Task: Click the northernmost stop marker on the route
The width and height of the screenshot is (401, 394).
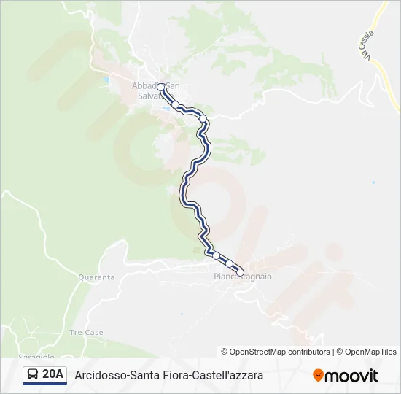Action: click(x=161, y=87)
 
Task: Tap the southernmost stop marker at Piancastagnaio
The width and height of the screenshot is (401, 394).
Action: click(x=240, y=273)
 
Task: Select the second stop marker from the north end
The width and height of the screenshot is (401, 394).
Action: click(x=176, y=104)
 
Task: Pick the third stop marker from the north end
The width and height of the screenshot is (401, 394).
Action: click(x=203, y=119)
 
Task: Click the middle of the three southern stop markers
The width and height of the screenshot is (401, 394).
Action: click(x=229, y=263)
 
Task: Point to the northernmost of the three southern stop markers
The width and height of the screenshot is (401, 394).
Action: click(x=216, y=255)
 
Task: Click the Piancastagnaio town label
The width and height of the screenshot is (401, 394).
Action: click(x=243, y=277)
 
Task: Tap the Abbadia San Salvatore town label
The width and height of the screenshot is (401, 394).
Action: click(x=156, y=90)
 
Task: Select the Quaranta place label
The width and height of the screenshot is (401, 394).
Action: click(x=96, y=277)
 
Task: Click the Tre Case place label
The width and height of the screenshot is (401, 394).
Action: click(x=86, y=333)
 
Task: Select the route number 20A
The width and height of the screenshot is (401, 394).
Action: click(x=53, y=375)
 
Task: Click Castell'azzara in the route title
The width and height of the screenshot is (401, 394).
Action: click(x=228, y=376)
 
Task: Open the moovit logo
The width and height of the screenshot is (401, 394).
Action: click(x=346, y=376)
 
